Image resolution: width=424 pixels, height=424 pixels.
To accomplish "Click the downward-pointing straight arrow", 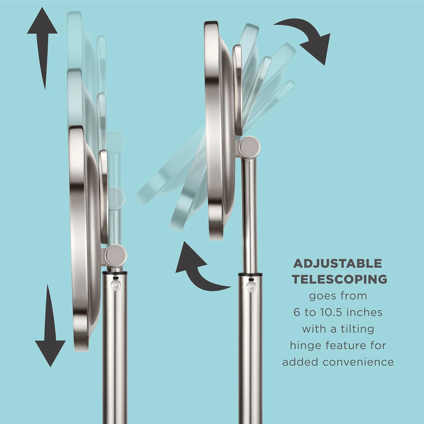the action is [x=50, y=325].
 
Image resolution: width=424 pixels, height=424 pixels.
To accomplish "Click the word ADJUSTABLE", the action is [x=338, y=264].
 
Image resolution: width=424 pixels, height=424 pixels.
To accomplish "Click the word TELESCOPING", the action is [x=339, y=280].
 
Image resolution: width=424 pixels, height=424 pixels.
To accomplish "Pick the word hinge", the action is [x=305, y=346].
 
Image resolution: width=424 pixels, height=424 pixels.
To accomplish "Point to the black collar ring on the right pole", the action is [x=250, y=274].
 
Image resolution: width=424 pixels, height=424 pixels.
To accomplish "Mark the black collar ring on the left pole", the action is [x=114, y=274].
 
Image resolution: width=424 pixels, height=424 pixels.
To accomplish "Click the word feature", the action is [x=343, y=346].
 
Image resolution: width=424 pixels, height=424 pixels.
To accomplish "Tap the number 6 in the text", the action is [x=296, y=312].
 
